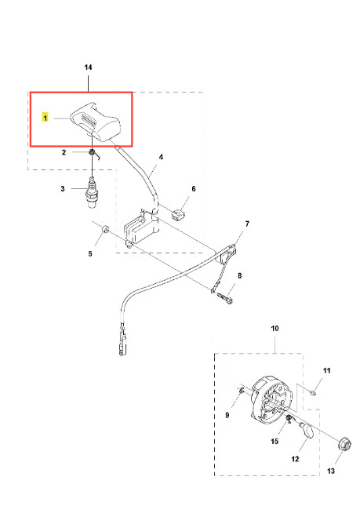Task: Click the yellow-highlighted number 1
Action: pos(45,118)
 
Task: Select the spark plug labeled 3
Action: pos(91,192)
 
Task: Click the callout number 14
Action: pos(89,67)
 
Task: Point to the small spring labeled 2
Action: pos(93,154)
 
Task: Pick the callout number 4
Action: pos(161,157)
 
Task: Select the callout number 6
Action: pos(194,189)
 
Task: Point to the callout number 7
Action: pos(247,224)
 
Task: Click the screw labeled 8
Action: pos(226,297)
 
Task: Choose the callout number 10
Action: pos(275,328)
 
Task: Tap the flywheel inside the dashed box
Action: pos(271,401)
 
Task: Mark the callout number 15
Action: pos(275,441)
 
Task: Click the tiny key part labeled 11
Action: pos(313,392)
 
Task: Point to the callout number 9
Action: pos(227,415)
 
